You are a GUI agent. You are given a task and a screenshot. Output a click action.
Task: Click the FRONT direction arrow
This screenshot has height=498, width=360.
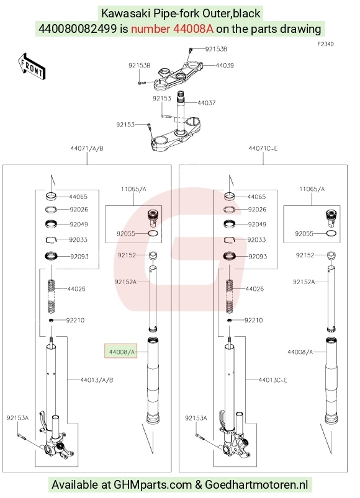pyautogui.click(x=32, y=66)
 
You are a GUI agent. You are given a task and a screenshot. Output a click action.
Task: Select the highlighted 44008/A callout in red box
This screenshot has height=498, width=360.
pyautogui.click(x=121, y=352)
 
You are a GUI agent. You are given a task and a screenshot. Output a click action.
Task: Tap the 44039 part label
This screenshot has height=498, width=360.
pyautogui.click(x=225, y=65)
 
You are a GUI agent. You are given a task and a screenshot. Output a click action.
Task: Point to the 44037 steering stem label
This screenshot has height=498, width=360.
pyautogui.click(x=207, y=102)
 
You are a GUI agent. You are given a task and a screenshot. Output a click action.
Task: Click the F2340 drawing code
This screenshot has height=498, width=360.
pyautogui.click(x=326, y=44)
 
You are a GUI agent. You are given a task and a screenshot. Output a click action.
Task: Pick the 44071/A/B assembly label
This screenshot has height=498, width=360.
pyautogui.click(x=87, y=148)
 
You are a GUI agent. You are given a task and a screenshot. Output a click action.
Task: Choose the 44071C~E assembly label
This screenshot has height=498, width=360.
pyautogui.click(x=263, y=148)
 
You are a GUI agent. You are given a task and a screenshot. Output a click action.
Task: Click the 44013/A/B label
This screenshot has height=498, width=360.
pyautogui.click(x=97, y=380)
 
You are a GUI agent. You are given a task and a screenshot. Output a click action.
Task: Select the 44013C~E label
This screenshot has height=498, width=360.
pyautogui.click(x=273, y=380)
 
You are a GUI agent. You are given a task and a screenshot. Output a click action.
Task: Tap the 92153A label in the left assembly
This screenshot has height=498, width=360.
pyautogui.click(x=17, y=417)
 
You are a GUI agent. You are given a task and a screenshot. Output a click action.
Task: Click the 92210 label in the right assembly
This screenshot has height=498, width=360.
pyautogui.click(x=254, y=320)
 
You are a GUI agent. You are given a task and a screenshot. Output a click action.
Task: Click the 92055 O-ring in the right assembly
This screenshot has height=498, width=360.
pyautogui.click(x=331, y=233)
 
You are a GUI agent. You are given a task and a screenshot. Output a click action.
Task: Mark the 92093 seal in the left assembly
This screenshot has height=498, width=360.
pyautogui.click(x=51, y=256)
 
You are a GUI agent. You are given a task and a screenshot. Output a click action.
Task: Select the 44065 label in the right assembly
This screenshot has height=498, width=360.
pyautogui.click(x=256, y=197)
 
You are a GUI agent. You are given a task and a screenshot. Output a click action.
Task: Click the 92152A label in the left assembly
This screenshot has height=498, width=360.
pyautogui.click(x=125, y=282)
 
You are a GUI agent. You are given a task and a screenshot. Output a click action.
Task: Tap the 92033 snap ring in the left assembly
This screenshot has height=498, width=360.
pyautogui.click(x=51, y=240)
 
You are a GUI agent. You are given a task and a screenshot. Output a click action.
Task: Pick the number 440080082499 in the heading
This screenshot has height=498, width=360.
pyautogui.click(x=78, y=29)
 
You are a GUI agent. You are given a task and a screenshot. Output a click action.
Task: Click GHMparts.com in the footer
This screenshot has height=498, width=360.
pyautogui.click(x=153, y=485)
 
